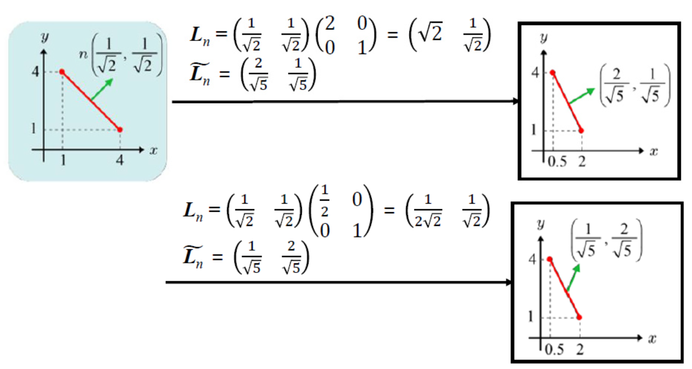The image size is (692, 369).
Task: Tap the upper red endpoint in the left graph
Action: (x=62, y=72)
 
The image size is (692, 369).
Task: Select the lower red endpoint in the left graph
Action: (x=120, y=129)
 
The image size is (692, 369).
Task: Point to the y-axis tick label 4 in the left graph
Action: (x=34, y=72)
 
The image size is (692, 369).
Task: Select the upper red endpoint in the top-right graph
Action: (x=553, y=73)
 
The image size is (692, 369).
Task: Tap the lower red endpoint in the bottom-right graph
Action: (x=579, y=317)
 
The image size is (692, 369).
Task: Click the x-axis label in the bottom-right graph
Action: (x=653, y=339)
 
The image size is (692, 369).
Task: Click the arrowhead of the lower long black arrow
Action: (x=510, y=282)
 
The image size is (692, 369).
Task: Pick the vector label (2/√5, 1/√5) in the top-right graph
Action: (x=635, y=86)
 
